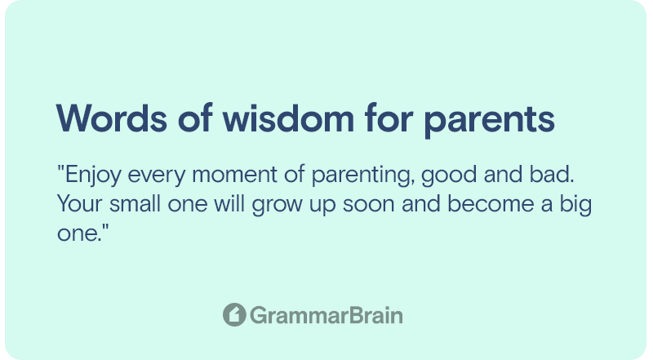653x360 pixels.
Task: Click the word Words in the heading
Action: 112,118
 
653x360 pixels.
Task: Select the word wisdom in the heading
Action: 288,118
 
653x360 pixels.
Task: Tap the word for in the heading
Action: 389,118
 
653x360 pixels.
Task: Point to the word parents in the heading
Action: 489,122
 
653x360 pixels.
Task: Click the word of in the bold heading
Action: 195,118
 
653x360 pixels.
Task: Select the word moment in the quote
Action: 234,175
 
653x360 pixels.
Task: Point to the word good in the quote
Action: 449,175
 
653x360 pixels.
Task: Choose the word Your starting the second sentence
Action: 79,204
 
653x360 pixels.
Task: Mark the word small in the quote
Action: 135,203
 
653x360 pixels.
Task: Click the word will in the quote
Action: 229,203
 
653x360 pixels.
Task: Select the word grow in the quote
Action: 277,206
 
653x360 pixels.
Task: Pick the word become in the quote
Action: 491,203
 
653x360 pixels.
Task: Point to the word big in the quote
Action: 575,205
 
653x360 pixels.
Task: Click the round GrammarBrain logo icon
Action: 234,314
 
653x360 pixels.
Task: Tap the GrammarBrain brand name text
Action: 326,315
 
